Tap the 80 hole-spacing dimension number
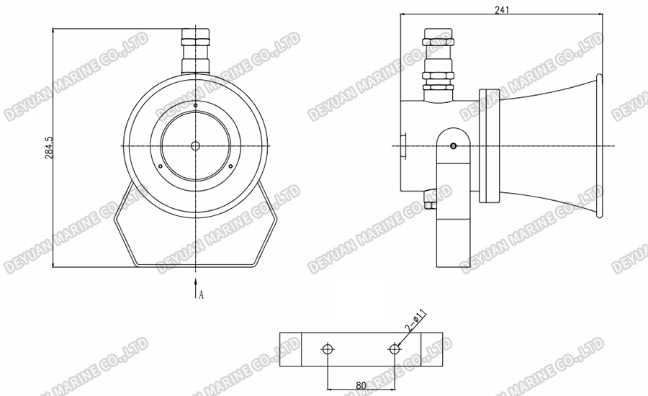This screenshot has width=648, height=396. [361, 386]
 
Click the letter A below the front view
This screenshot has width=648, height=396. [202, 294]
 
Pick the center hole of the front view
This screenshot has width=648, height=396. [195, 145]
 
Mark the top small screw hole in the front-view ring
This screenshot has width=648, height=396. [195, 106]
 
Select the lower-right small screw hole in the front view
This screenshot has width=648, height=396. [230, 166]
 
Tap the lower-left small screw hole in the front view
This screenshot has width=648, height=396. [161, 166]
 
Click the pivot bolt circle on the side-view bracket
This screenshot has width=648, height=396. [453, 147]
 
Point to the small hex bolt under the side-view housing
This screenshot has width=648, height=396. [431, 204]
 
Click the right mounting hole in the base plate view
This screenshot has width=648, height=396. [394, 349]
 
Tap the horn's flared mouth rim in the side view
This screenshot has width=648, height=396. [598, 145]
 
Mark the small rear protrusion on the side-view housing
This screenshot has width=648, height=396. [404, 144]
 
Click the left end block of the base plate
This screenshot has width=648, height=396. [290, 349]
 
